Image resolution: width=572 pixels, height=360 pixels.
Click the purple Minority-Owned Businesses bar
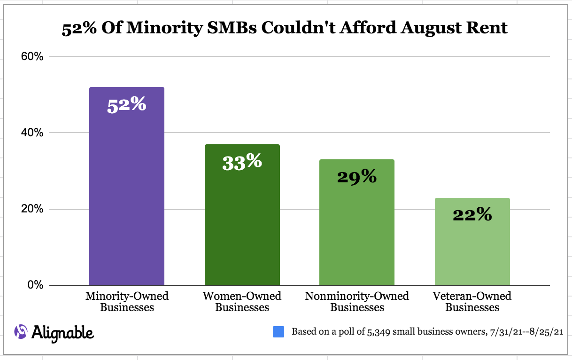click(127, 197)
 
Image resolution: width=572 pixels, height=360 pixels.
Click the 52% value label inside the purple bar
click(127, 105)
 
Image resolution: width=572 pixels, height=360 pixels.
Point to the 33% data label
click(242, 162)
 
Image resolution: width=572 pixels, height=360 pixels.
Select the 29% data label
click(357, 177)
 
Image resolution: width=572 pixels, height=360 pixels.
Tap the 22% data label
click(472, 215)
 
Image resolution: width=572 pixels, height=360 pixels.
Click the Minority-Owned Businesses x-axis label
click(127, 302)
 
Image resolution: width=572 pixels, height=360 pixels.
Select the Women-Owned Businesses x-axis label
click(242, 302)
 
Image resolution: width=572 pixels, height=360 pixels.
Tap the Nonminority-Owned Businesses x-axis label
click(357, 302)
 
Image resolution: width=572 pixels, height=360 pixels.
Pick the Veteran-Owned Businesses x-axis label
click(472, 302)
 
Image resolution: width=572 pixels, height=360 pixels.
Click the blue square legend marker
click(278, 332)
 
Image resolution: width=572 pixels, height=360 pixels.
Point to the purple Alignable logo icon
click(21, 331)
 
